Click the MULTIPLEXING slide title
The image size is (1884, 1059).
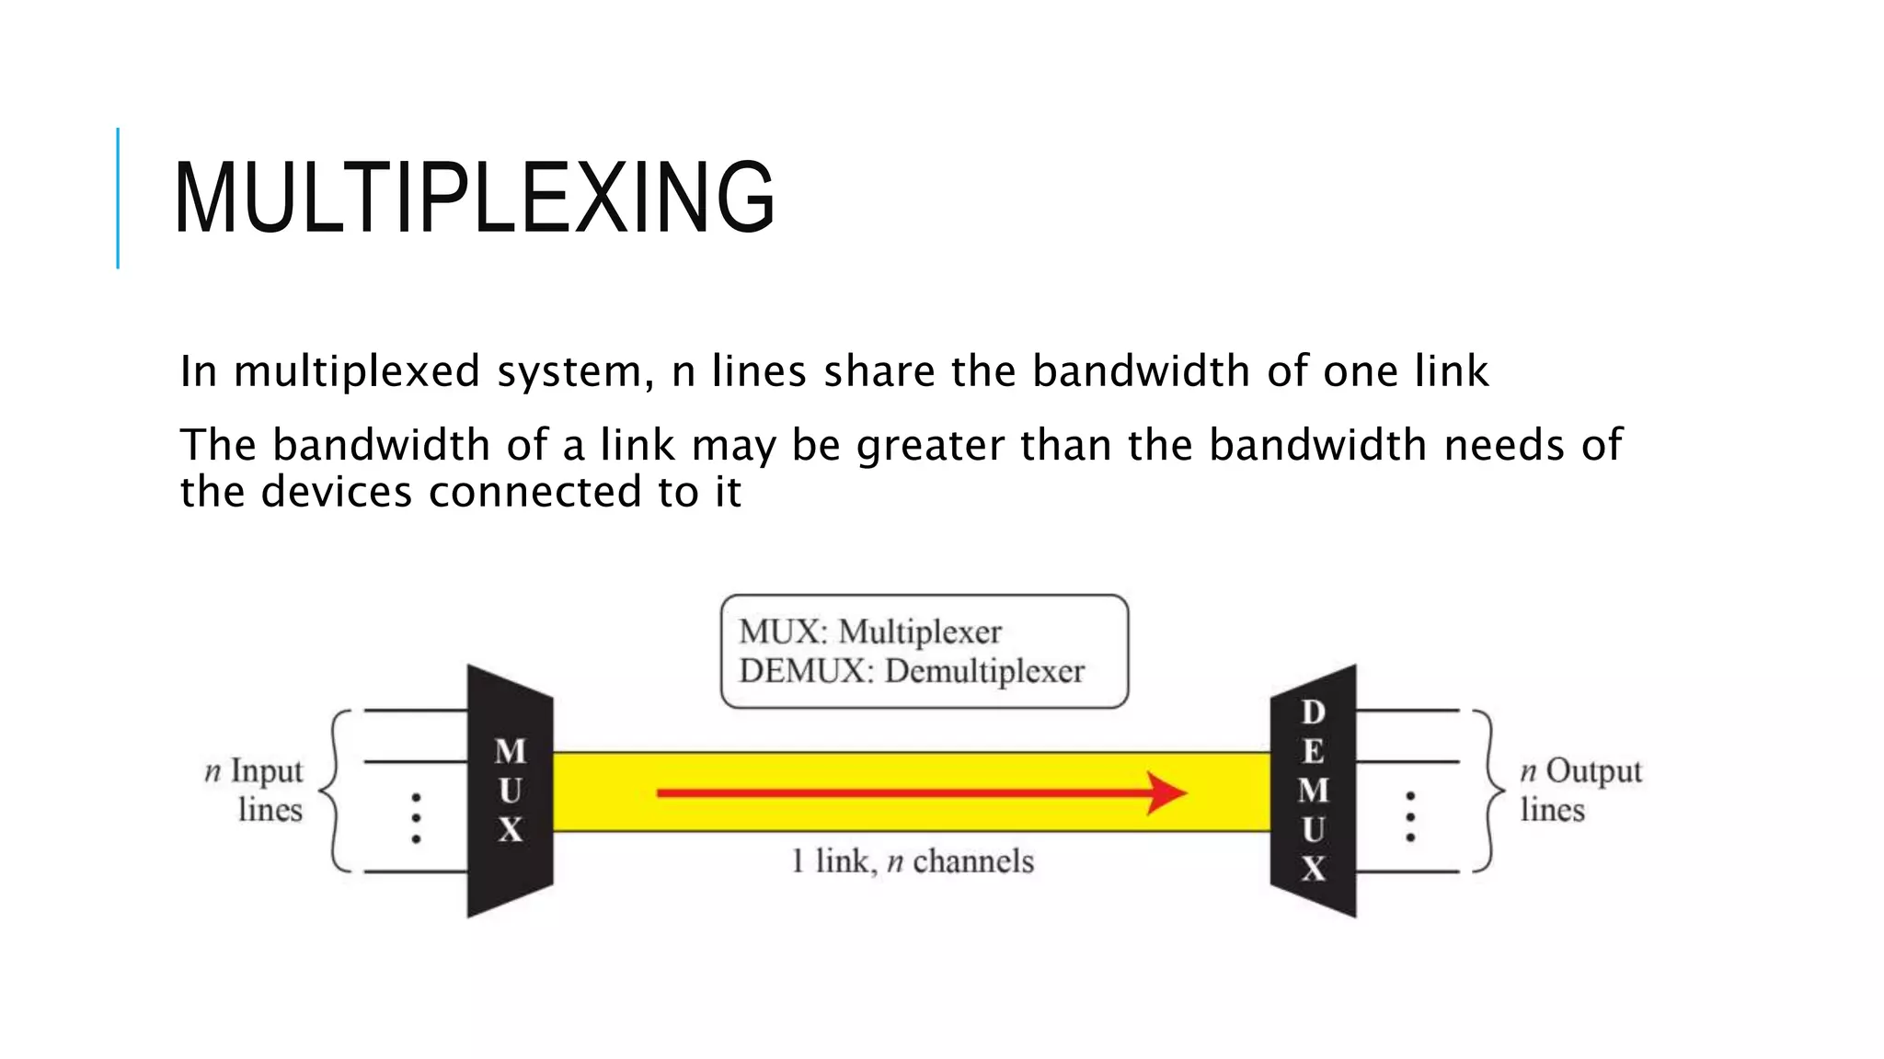click(474, 198)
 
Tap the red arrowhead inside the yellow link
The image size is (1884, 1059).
click(1166, 792)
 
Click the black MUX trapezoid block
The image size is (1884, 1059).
click(511, 791)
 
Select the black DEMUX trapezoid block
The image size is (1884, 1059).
click(1314, 791)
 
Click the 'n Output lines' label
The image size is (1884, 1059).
click(1579, 790)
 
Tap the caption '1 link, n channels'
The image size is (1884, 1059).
click(913, 862)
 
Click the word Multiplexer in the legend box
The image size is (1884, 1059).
click(920, 632)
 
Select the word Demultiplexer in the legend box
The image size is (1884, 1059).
click(984, 672)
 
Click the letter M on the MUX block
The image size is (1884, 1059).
click(511, 752)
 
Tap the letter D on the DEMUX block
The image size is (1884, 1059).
click(1314, 712)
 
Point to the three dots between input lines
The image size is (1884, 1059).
click(416, 818)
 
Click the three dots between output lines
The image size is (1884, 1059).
click(1410, 816)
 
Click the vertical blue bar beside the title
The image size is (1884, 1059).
click(118, 198)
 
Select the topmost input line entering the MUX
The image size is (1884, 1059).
click(416, 711)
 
